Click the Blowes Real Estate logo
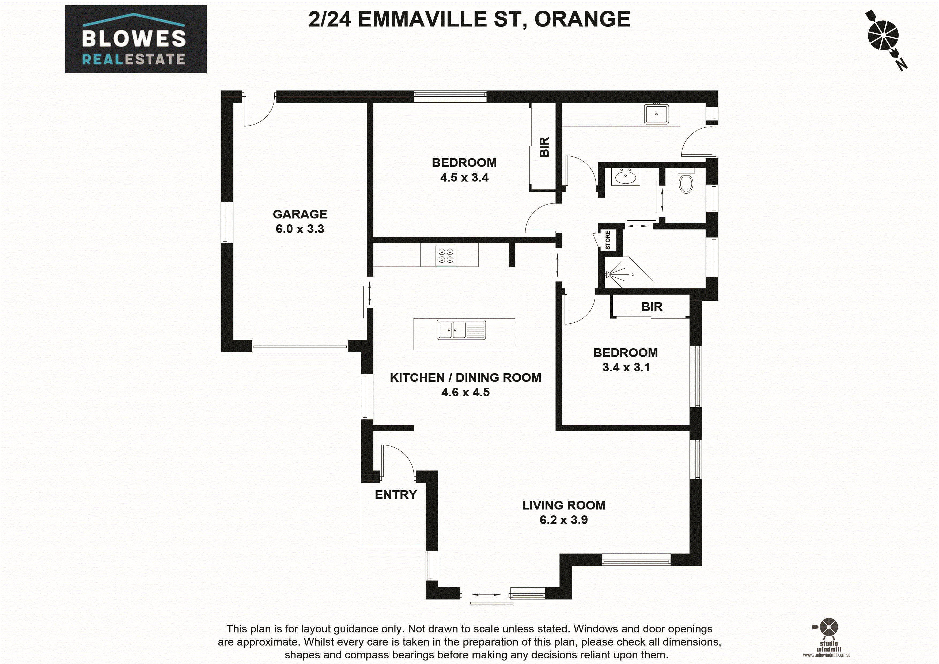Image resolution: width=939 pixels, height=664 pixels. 135,39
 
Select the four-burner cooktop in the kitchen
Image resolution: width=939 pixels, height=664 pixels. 446,256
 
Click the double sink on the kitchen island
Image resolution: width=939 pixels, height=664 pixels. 461,330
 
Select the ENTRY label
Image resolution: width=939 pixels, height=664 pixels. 395,495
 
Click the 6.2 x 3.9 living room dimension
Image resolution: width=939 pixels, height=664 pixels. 563,520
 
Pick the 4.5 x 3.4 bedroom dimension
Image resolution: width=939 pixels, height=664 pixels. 464,178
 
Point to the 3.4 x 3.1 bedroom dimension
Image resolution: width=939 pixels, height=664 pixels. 626,367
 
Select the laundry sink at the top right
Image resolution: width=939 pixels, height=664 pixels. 656,114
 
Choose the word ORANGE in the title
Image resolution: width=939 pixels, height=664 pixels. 582,19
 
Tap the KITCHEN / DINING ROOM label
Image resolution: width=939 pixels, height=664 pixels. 465,378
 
